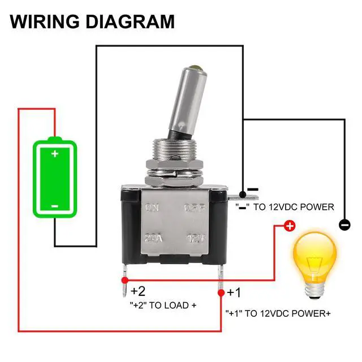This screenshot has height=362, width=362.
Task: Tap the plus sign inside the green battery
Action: click(54, 154)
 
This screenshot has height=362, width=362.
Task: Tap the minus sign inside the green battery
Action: click(54, 206)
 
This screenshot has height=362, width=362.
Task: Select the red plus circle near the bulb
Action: click(288, 226)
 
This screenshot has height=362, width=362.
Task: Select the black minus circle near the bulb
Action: click(344, 225)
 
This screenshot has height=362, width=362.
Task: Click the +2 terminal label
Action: click(138, 292)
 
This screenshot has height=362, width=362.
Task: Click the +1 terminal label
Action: click(234, 293)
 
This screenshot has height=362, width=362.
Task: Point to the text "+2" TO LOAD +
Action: click(163, 305)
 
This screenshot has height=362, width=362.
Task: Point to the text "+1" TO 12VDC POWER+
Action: click(278, 313)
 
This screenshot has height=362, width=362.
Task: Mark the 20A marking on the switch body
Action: click(153, 238)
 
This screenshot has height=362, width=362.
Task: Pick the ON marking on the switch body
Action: click(152, 208)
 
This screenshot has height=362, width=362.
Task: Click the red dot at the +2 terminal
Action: click(124, 281)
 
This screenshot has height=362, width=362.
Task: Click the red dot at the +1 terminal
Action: click(221, 293)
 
